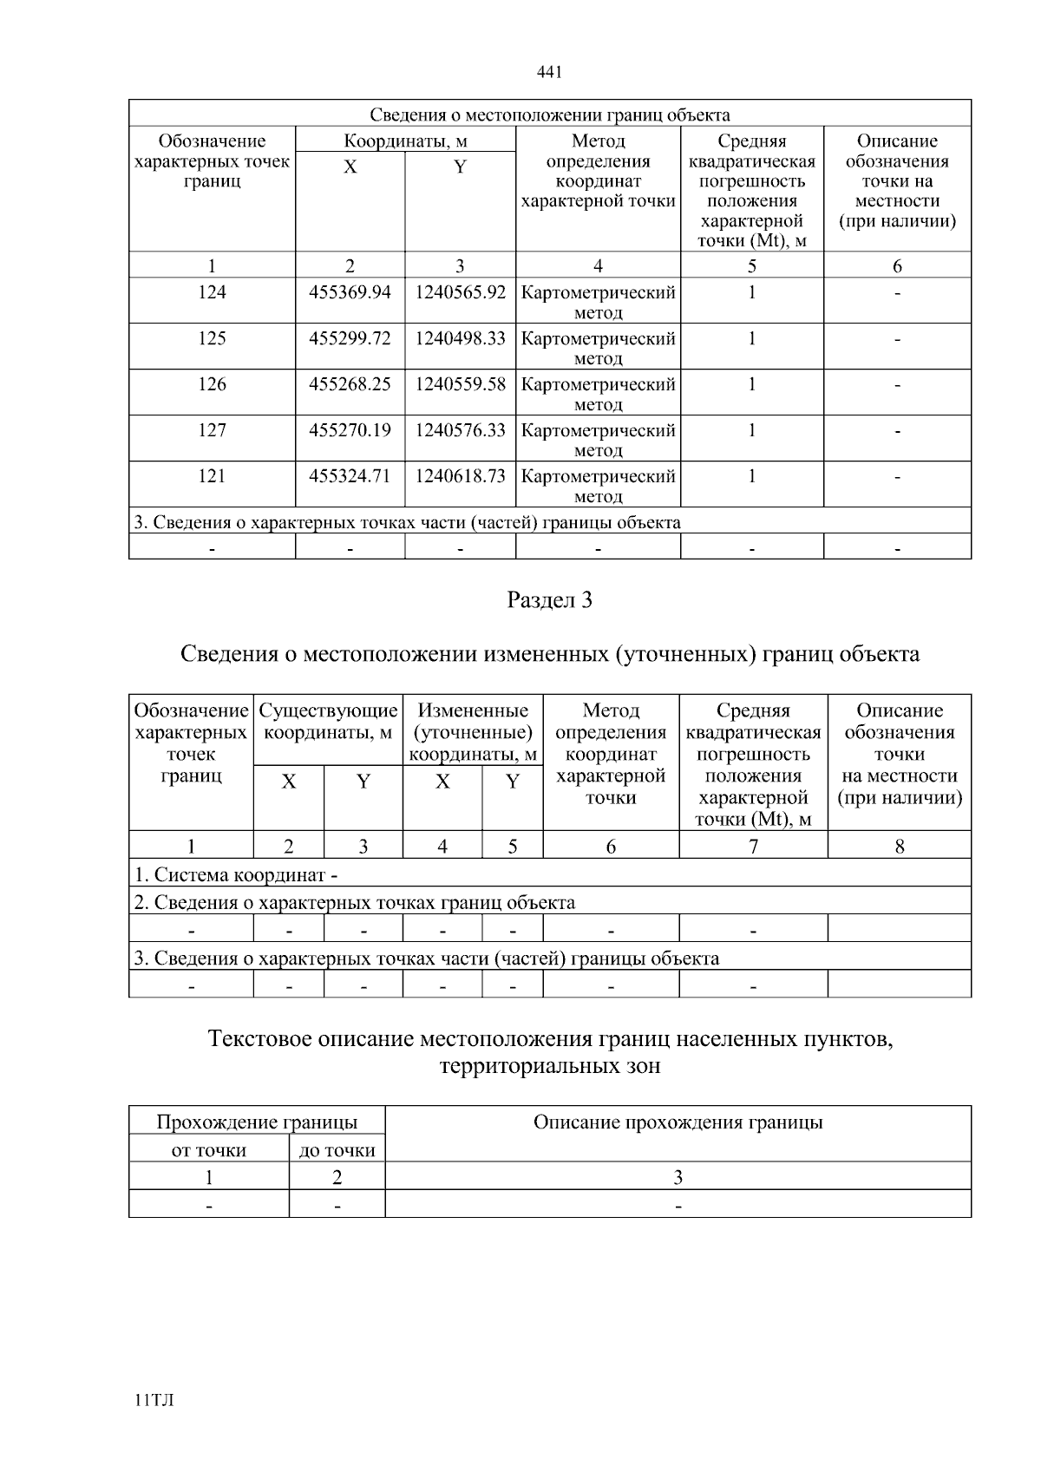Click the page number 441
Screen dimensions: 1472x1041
(x=550, y=72)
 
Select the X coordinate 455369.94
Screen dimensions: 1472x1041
(x=350, y=292)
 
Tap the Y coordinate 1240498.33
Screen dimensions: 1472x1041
(x=460, y=338)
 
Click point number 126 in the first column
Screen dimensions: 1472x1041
(x=212, y=384)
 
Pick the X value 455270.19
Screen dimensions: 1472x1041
(x=350, y=430)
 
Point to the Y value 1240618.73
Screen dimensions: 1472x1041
(x=460, y=476)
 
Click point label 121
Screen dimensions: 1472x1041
(x=212, y=476)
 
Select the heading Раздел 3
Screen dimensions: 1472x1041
(x=549, y=600)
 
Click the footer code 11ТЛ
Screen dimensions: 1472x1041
(x=154, y=1400)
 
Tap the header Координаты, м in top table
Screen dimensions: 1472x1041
(x=405, y=141)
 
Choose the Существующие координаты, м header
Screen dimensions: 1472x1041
(x=328, y=722)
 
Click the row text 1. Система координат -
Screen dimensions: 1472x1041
(x=235, y=875)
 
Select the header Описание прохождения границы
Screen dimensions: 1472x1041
(x=678, y=1122)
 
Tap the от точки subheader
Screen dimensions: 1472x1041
(x=208, y=1150)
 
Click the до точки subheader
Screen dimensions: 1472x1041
(x=337, y=1150)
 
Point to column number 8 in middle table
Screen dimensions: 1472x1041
(x=899, y=846)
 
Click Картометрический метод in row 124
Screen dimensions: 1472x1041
(x=598, y=302)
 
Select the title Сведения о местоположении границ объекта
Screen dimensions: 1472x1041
(x=549, y=114)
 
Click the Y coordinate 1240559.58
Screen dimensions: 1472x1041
(x=460, y=384)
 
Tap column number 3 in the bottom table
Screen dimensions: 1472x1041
(x=678, y=1177)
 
